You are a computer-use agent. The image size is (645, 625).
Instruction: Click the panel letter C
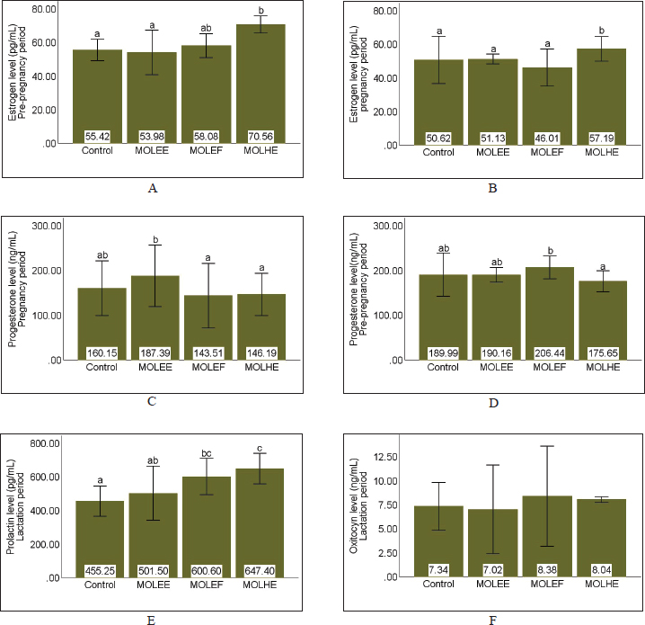click(x=152, y=401)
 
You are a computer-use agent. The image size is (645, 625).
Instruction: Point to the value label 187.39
click(x=152, y=353)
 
